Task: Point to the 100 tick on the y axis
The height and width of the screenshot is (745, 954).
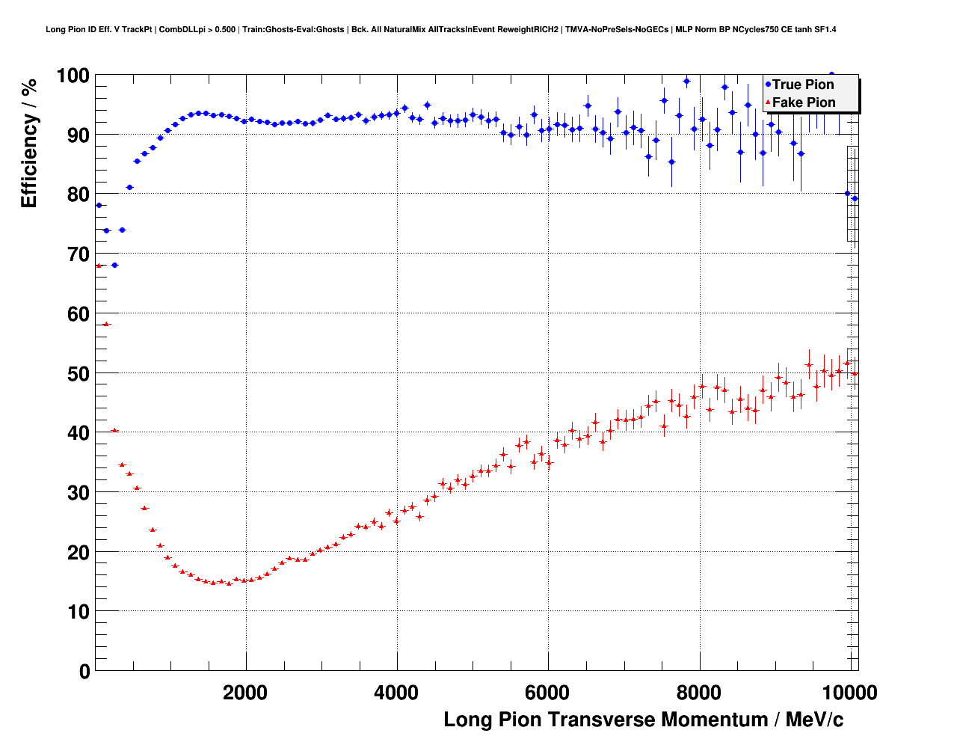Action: (x=73, y=76)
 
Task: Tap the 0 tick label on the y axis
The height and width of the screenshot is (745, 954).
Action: (x=84, y=671)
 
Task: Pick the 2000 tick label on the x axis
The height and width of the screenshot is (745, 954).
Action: (x=245, y=693)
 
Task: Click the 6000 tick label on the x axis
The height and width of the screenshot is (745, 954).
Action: (x=548, y=693)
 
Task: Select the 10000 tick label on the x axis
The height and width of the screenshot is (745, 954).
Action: (x=850, y=693)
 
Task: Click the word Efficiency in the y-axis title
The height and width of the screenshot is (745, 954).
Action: (x=29, y=162)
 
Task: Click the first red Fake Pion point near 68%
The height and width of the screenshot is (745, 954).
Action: (x=99, y=266)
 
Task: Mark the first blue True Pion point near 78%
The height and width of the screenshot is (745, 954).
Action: (x=99, y=205)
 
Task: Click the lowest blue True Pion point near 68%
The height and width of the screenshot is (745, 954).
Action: (x=114, y=265)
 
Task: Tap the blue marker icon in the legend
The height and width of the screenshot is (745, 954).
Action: (x=768, y=85)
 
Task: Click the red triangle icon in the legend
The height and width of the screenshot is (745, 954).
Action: (x=768, y=102)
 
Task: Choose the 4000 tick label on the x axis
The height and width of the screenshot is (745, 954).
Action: (x=396, y=693)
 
